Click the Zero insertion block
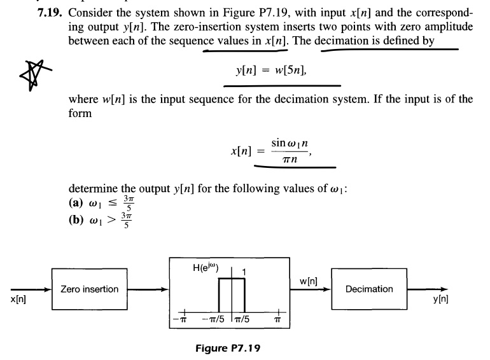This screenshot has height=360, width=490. point(89,289)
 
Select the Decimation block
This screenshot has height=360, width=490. point(369,289)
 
